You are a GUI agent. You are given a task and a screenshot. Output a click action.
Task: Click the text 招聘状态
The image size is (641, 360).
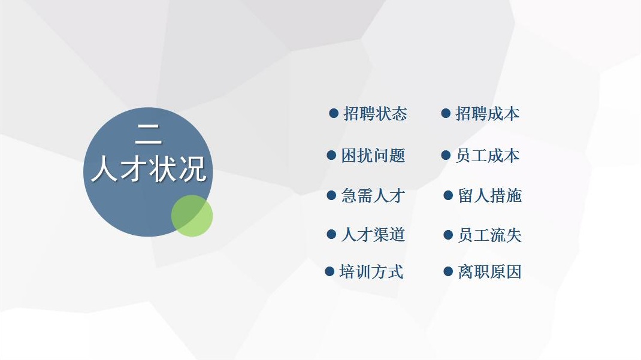(x=375, y=114)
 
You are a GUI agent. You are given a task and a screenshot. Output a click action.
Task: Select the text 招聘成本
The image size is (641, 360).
(x=487, y=114)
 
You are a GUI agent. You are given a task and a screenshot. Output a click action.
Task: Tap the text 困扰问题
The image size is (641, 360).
(x=373, y=155)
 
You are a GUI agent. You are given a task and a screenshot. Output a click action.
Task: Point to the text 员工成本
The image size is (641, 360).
(x=487, y=155)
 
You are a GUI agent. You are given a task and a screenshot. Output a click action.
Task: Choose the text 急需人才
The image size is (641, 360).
(x=373, y=196)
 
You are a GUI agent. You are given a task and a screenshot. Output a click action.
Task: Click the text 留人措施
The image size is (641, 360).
(x=490, y=196)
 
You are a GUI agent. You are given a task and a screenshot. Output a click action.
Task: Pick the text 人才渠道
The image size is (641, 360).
(x=373, y=235)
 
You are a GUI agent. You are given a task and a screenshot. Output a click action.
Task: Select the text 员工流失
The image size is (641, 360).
(x=490, y=235)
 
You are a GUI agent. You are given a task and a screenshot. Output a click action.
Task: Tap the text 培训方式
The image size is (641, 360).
(x=371, y=272)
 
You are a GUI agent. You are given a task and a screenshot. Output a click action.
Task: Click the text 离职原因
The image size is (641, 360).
(x=490, y=272)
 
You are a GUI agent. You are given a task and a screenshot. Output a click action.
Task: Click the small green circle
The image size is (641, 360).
(x=192, y=216)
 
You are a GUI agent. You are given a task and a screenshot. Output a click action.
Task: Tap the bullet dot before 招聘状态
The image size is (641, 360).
(x=334, y=113)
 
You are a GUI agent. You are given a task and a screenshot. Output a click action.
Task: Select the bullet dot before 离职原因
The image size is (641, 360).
(x=448, y=271)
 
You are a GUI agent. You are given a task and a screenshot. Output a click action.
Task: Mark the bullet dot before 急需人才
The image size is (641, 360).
(x=331, y=195)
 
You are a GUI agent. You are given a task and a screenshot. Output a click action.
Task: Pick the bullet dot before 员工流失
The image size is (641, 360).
(x=448, y=235)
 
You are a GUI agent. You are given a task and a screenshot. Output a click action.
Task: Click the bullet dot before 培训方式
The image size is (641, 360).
(x=329, y=271)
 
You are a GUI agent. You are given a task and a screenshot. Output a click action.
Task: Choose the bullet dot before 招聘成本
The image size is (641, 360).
(x=446, y=113)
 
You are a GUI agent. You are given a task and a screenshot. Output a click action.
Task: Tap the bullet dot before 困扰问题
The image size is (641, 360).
(x=331, y=155)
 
